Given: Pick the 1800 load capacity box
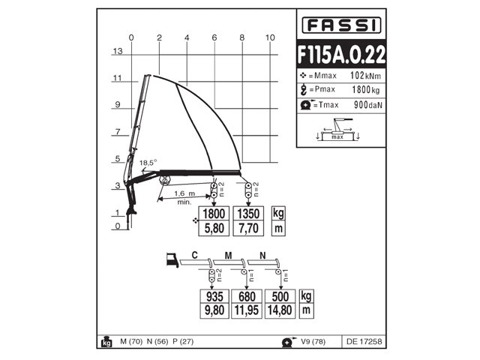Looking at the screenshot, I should point(214,212).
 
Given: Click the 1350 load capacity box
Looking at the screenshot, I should point(248,212).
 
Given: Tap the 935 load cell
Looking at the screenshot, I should point(214,295).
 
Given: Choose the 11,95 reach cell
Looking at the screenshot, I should point(247,307).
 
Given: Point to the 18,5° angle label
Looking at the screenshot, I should point(148,163).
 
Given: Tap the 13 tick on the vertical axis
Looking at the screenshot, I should point(117,51).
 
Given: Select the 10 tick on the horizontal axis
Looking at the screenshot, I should point(271,37).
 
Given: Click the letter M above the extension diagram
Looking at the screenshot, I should point(228,256).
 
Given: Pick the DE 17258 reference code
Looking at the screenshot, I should point(364,342).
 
